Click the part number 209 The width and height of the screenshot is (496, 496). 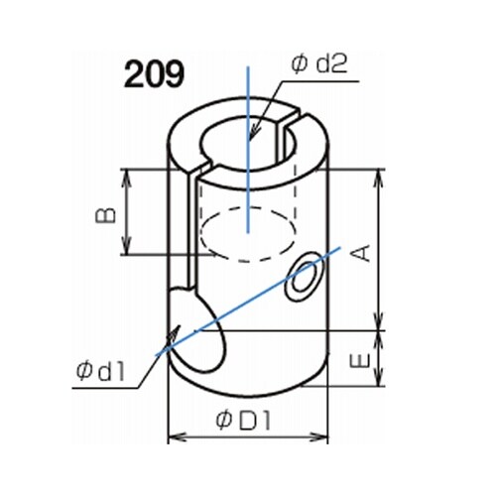point(154,74)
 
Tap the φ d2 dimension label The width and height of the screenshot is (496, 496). point(319,64)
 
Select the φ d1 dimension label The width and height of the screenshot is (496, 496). point(100,371)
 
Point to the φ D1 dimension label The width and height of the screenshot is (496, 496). point(244,421)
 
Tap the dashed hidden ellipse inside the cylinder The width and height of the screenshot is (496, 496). point(248,234)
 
